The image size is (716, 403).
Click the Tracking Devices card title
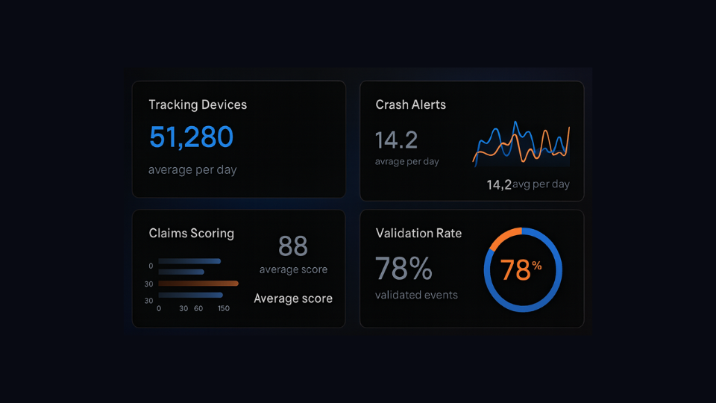(x=198, y=104)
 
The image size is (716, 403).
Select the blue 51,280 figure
(x=191, y=137)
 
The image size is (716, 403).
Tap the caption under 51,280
(x=192, y=169)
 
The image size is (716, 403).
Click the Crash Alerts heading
(x=411, y=104)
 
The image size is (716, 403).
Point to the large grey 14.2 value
(x=396, y=140)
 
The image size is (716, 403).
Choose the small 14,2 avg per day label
(x=528, y=184)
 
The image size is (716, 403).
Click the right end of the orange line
(x=569, y=128)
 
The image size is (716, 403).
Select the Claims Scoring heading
(x=191, y=233)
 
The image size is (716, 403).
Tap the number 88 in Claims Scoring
(x=293, y=246)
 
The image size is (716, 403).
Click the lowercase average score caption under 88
(x=293, y=269)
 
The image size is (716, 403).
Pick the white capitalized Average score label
(x=293, y=299)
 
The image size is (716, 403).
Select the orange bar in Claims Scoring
(x=198, y=284)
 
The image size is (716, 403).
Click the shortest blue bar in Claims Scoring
(x=181, y=272)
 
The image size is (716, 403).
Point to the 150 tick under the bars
(x=224, y=308)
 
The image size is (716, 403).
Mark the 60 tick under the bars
(x=198, y=308)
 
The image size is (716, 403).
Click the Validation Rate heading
(x=418, y=233)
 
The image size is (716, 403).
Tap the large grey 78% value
(x=403, y=267)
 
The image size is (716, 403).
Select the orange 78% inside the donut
(x=520, y=269)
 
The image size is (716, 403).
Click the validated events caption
(x=416, y=295)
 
